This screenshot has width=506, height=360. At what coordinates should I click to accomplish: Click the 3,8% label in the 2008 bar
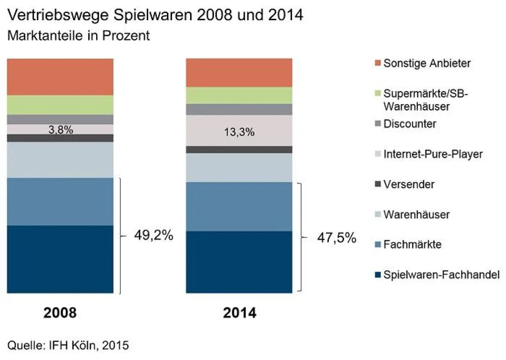tap(61, 130)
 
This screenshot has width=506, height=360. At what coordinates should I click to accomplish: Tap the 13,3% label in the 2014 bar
tap(239, 132)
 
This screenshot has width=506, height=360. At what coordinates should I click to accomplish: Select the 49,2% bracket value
tap(154, 236)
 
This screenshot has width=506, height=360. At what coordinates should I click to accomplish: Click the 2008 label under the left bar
tap(61, 313)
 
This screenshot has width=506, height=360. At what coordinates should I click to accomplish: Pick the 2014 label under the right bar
tap(239, 313)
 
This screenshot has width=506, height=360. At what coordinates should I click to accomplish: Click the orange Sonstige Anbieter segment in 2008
tap(61, 77)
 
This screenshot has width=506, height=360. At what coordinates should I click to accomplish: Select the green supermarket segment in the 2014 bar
tap(239, 95)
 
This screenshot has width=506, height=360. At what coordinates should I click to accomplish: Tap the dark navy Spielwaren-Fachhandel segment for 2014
tap(239, 261)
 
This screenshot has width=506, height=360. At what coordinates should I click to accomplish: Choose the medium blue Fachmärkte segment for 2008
tap(61, 201)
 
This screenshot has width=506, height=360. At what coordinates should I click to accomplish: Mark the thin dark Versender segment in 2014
tap(239, 150)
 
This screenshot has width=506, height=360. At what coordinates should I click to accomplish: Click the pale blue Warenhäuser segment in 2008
tap(61, 160)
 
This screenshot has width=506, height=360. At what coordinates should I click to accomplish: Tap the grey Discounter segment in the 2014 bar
tap(239, 110)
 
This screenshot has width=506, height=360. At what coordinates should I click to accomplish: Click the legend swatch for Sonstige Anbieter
tap(377, 63)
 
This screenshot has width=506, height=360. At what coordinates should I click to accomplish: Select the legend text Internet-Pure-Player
tap(433, 154)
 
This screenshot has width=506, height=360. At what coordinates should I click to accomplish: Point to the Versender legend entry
tap(409, 184)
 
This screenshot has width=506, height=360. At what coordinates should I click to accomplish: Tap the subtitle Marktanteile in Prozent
tap(79, 35)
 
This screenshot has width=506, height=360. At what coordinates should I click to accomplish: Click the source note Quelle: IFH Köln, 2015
tap(68, 346)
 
